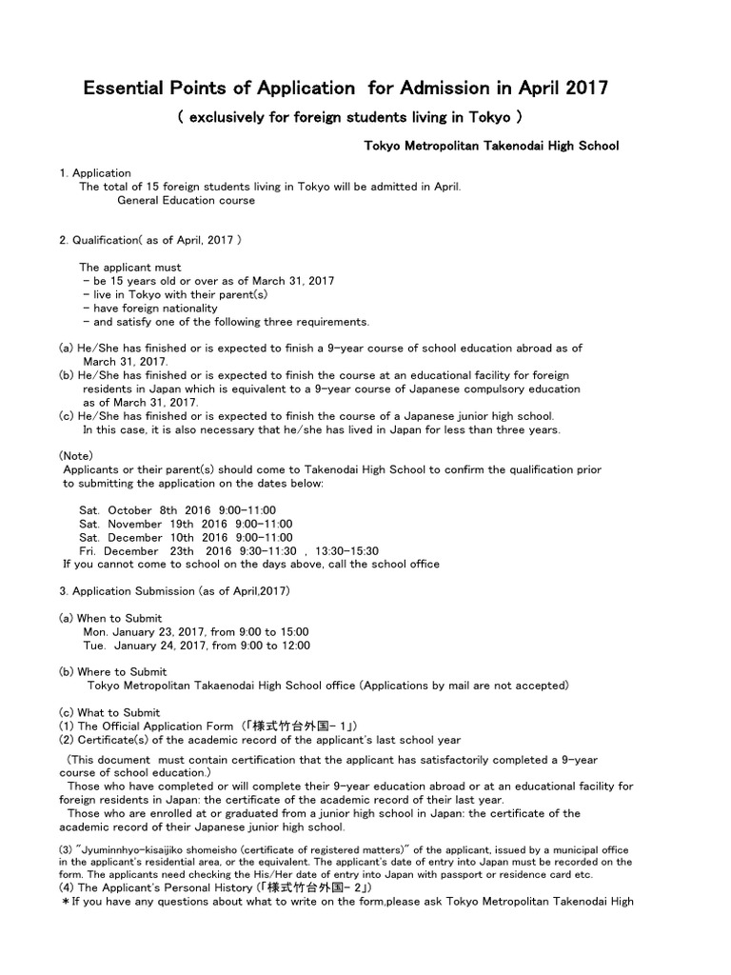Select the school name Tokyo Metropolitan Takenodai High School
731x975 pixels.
(x=492, y=146)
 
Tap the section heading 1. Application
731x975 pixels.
(x=95, y=173)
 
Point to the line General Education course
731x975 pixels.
(x=186, y=201)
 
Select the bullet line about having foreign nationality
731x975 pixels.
(x=150, y=308)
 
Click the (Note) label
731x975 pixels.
(x=76, y=456)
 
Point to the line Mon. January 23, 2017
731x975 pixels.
(x=196, y=631)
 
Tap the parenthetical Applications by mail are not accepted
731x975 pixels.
(x=464, y=686)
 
